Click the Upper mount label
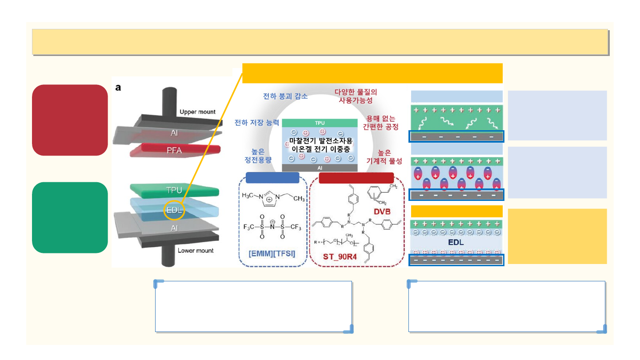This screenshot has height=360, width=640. coord(197,112)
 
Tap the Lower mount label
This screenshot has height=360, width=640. coord(196,251)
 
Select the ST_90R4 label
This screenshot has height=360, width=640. coord(340,256)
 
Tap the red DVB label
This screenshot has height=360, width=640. coord(382,212)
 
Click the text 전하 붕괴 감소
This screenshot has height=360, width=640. coord(285,96)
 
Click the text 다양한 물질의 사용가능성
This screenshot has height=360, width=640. coord(356,96)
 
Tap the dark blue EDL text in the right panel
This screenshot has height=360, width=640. coord(456,243)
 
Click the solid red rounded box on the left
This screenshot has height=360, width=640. coord(70,120)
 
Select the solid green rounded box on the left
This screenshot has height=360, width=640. coord(70,217)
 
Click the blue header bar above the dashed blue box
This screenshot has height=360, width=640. coord(272,178)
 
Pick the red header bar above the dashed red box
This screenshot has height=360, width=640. coord(356,178)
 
